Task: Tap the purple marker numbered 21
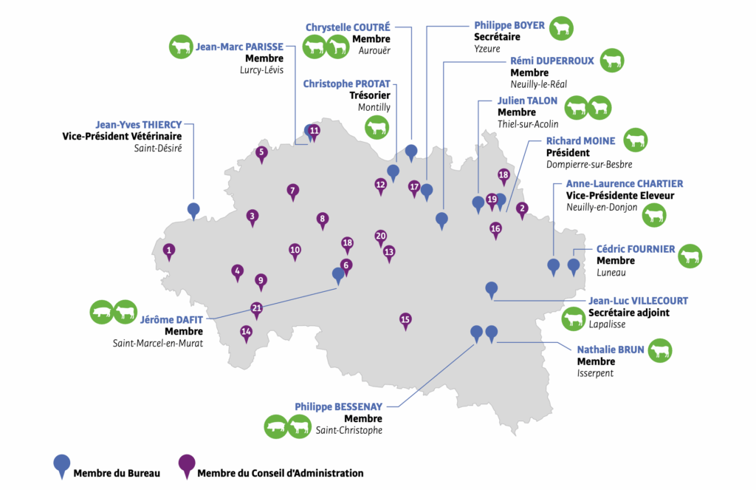click(257, 309)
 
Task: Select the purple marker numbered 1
click(170, 251)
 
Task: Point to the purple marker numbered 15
click(405, 320)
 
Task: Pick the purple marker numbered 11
click(314, 132)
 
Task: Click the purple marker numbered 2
click(522, 209)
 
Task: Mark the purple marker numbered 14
click(246, 333)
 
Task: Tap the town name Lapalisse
click(608, 324)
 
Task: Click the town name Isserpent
click(595, 373)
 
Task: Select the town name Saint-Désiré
click(157, 148)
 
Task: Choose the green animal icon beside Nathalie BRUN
click(660, 350)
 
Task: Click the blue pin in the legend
click(62, 465)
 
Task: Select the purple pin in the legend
click(188, 465)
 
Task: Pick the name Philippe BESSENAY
click(339, 406)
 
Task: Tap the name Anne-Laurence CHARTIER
click(624, 183)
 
